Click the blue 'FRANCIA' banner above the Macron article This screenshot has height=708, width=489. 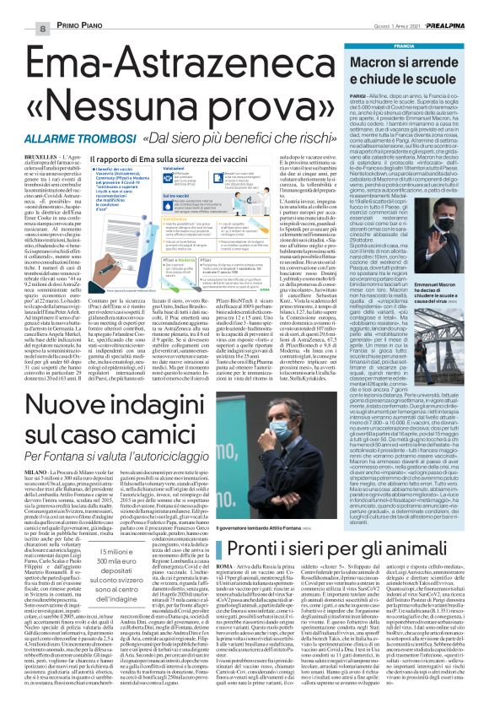[x=405, y=44]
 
